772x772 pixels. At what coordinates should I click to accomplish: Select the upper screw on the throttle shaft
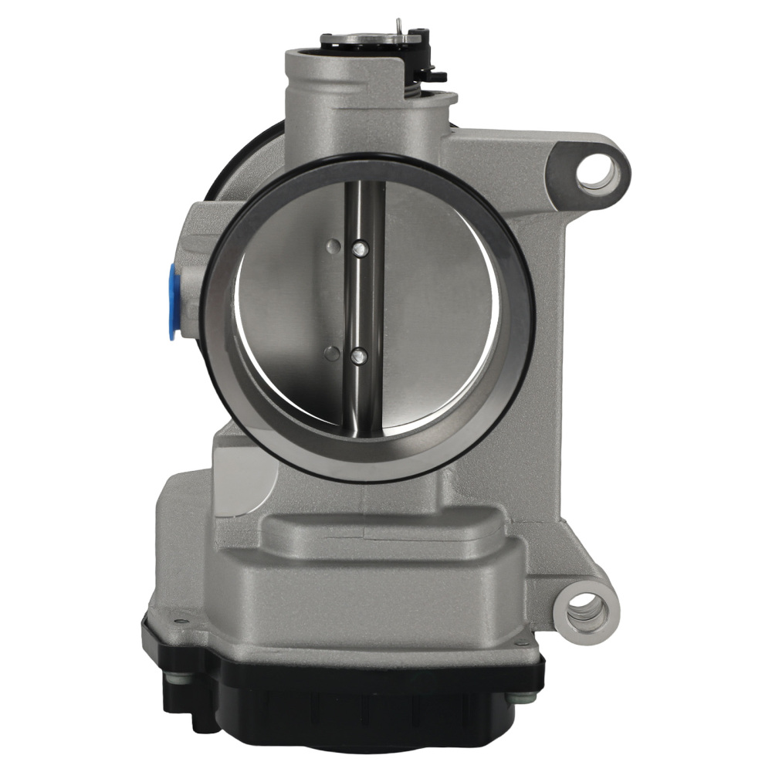pos(358,249)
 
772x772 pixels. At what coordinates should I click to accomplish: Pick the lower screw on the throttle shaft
pos(358,356)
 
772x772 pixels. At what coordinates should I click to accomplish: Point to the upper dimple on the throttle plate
pos(333,246)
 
